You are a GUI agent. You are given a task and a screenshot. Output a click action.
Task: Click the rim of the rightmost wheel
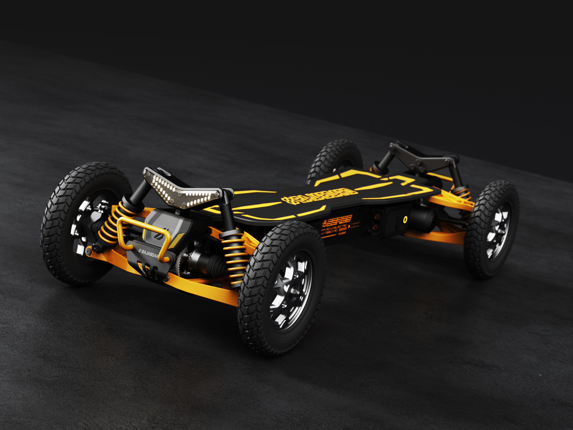coord(499,231)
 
